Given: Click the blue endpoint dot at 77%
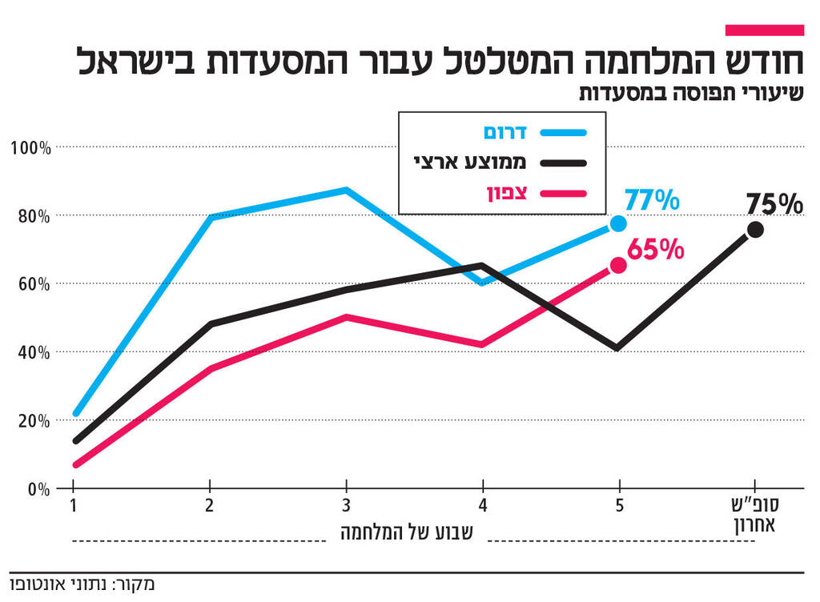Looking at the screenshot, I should coord(618,223).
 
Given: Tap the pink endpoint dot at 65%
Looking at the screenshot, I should coord(618,265).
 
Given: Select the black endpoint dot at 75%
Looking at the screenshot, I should coord(755,230).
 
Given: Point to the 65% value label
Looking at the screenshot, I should coord(656,250).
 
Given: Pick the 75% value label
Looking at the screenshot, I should coord(774,205).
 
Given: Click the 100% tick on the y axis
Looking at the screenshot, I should coord(31,148).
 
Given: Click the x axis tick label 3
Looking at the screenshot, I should coord(346,507).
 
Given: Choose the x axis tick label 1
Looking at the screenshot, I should coord(73,507).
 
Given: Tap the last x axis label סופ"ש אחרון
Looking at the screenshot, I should coord(755,516).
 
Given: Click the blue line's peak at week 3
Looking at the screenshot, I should coord(346,190).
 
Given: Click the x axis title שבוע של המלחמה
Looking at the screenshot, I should coord(408,532).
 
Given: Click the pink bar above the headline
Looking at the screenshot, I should coord(763,30).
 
